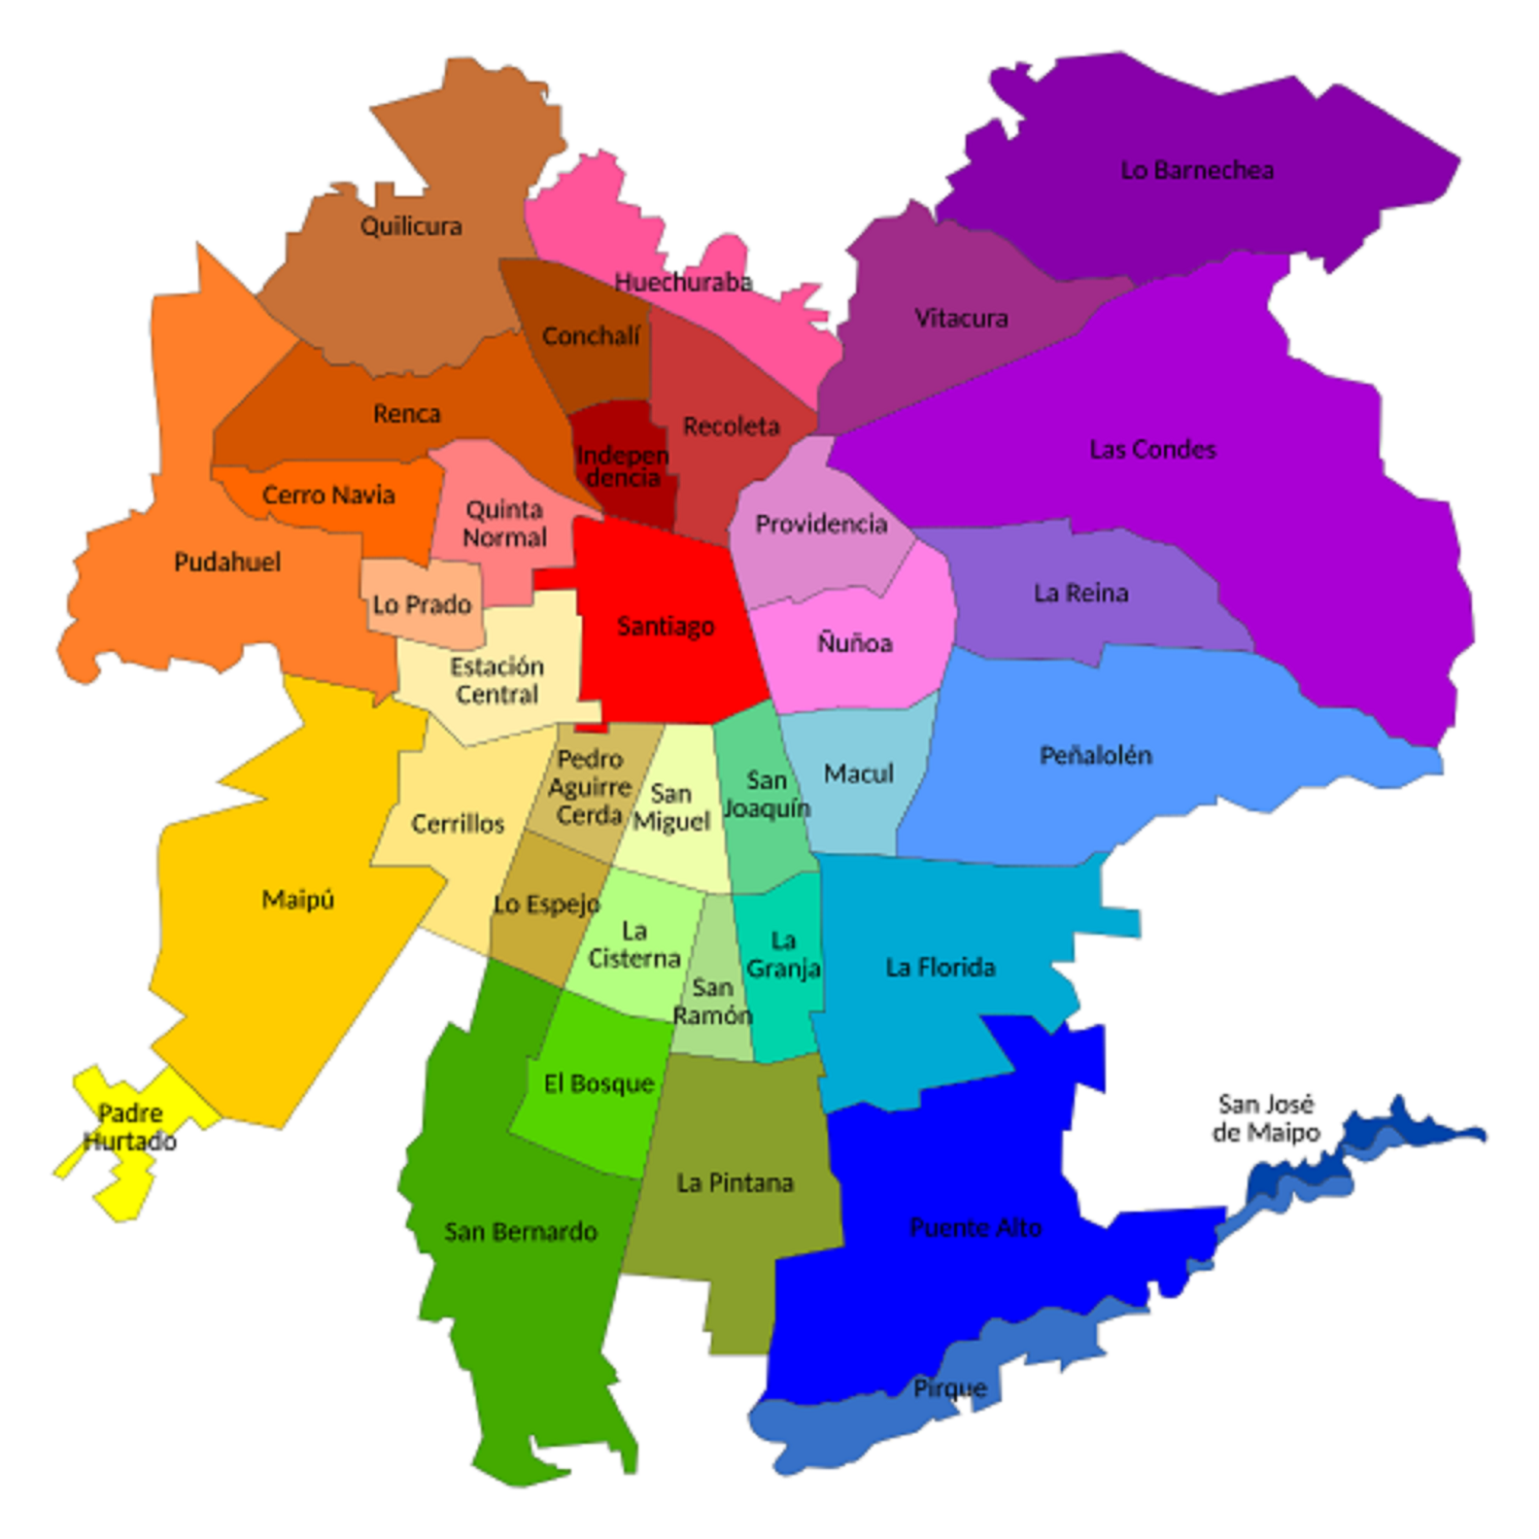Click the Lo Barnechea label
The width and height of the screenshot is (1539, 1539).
[1196, 170]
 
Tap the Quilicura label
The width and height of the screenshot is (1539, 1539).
[411, 226]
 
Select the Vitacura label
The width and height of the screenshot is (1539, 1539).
[961, 319]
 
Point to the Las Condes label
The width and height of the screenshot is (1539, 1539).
[1152, 450]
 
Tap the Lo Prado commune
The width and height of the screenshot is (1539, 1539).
[423, 604]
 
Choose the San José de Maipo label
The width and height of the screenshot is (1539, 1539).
[1266, 1118]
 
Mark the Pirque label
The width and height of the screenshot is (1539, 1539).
[949, 1388]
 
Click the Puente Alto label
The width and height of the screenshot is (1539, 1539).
[975, 1228]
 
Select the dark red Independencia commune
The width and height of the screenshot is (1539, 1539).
[623, 466]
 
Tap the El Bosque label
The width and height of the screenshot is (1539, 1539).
[598, 1084]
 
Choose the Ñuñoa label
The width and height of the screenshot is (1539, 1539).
[854, 643]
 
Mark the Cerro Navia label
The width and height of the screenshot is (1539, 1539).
[328, 496]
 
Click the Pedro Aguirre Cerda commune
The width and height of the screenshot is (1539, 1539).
[589, 787]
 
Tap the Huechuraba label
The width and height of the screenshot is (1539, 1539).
[683, 283]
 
